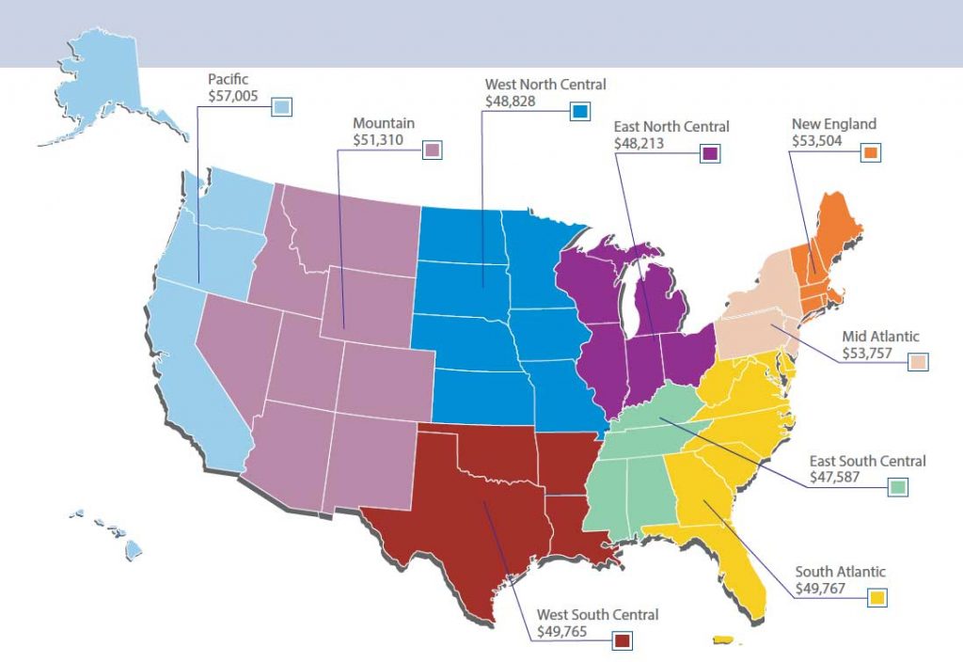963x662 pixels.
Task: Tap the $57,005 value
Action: point(237,95)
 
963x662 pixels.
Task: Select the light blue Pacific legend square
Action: point(280,107)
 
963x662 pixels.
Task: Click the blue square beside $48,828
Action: point(579,112)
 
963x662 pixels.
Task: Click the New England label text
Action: point(833,124)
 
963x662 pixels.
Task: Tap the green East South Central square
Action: point(898,487)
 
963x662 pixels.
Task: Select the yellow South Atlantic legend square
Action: point(877,597)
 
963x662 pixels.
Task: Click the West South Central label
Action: point(597,615)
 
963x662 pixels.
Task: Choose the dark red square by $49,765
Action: point(621,641)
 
